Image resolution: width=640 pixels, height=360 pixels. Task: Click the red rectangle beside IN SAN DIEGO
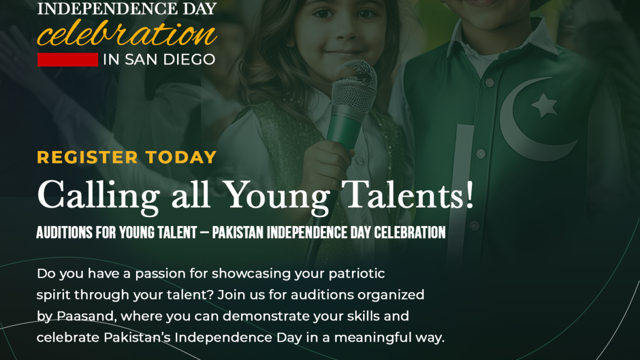click(x=68, y=60)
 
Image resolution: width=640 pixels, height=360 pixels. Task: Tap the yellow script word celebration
click(x=127, y=34)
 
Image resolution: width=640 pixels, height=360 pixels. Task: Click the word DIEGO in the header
click(x=189, y=60)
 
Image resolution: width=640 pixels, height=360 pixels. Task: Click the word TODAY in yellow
click(x=181, y=157)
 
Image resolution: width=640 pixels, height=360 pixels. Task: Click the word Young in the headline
click(x=276, y=198)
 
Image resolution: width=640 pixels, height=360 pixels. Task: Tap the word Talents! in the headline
click(x=407, y=195)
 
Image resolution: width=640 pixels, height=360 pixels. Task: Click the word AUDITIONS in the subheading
click(x=65, y=233)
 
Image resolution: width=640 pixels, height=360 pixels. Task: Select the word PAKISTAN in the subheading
click(x=238, y=233)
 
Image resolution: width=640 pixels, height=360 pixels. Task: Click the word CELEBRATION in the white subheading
click(x=410, y=233)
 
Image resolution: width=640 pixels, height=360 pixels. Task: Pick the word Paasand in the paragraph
click(x=87, y=316)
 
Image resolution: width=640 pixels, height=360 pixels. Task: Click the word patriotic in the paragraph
click(x=357, y=274)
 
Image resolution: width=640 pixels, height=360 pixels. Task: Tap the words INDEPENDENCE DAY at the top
click(x=127, y=9)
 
